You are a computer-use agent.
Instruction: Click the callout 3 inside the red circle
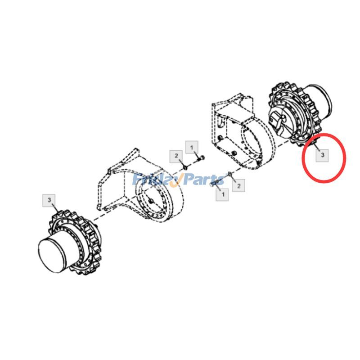322,155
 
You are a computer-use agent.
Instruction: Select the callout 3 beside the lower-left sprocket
49,200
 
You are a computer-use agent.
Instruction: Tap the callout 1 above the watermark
192,147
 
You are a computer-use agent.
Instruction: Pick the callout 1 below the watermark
222,194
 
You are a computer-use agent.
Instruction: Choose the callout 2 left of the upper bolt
176,156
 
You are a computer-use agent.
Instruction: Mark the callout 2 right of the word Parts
238,185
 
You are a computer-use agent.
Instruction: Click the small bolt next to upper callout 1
201,158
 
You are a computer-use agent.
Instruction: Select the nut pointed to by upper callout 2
186,167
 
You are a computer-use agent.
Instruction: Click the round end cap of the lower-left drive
53,254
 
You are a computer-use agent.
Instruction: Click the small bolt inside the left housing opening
151,201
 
